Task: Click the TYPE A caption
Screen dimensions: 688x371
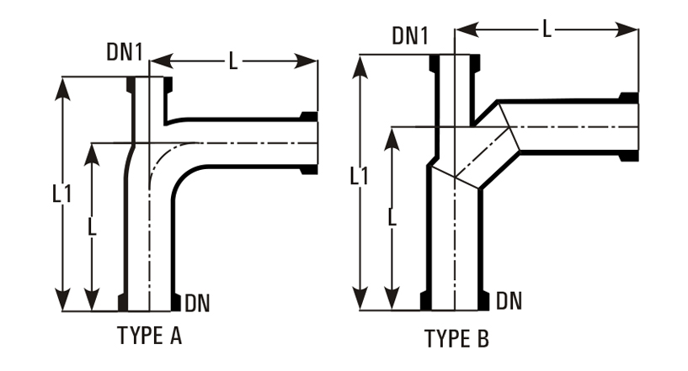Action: pyautogui.click(x=149, y=336)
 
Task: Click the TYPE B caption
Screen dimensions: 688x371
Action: pyautogui.click(x=456, y=338)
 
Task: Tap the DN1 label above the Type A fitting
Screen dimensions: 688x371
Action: pyautogui.click(x=125, y=52)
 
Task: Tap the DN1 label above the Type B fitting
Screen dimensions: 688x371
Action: pyautogui.click(x=410, y=35)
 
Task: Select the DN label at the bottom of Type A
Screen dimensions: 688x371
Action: pyautogui.click(x=197, y=303)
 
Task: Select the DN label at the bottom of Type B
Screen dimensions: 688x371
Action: pyautogui.click(x=509, y=301)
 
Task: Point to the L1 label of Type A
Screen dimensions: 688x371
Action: pyautogui.click(x=61, y=193)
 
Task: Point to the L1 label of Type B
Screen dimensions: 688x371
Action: pyautogui.click(x=359, y=177)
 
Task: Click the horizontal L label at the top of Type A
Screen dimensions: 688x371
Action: pyautogui.click(x=233, y=61)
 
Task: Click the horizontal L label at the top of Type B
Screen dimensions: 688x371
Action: pyautogui.click(x=547, y=29)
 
